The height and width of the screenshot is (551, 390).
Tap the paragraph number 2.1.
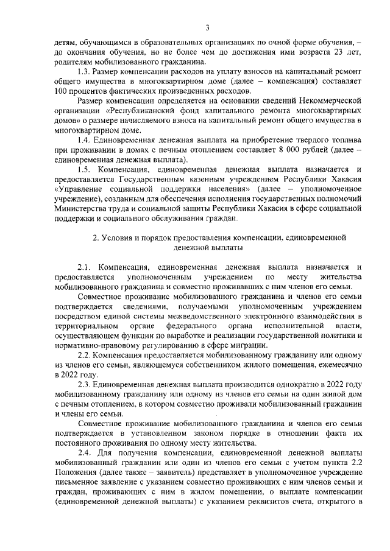tap(86, 267)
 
